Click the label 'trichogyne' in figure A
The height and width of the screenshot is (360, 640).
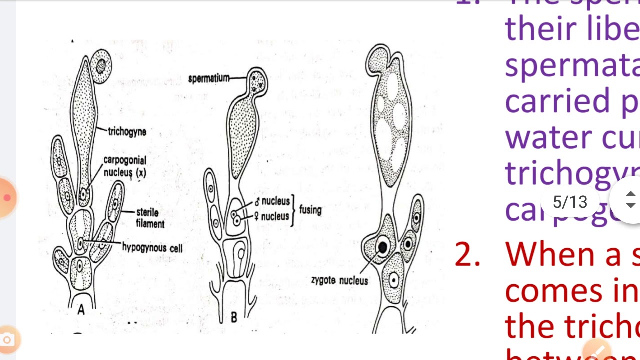[x=127, y=132]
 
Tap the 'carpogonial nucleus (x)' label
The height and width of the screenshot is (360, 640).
[x=124, y=166]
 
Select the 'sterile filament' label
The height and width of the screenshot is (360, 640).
[x=150, y=218]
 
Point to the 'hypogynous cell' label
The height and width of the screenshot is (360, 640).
[x=152, y=247]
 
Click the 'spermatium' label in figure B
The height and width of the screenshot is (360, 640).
[x=209, y=78]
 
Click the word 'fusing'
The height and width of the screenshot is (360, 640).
[x=310, y=210]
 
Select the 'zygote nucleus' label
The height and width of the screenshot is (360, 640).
[x=339, y=280]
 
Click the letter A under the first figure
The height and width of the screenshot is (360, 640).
[x=81, y=310]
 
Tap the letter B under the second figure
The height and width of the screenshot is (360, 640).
[x=233, y=317]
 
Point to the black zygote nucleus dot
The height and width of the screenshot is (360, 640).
[x=383, y=246]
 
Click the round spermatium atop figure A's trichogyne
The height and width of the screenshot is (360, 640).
[x=102, y=66]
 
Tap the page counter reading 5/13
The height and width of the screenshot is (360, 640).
[x=570, y=202]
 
